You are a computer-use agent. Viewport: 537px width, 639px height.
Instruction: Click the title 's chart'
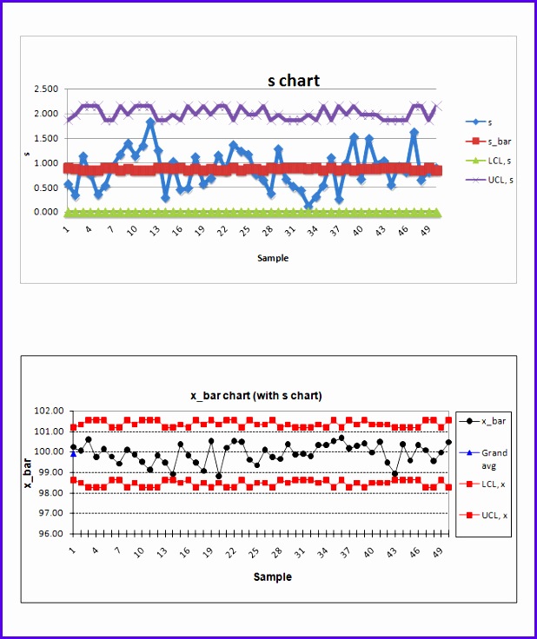(x=293, y=81)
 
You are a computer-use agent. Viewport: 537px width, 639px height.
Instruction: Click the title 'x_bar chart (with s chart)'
(x=256, y=395)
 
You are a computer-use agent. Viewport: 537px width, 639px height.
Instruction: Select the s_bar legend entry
(x=499, y=141)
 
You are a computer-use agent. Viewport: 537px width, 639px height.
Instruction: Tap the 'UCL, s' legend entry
(x=499, y=179)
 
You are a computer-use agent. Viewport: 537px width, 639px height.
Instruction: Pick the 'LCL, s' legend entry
(x=499, y=160)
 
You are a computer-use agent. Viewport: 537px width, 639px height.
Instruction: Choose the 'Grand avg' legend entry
(x=494, y=458)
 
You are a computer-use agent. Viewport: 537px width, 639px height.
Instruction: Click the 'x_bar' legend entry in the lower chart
(x=493, y=421)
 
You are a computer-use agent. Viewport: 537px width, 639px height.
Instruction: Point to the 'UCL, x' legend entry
(x=494, y=515)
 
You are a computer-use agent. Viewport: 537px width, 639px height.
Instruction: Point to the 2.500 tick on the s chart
(x=45, y=89)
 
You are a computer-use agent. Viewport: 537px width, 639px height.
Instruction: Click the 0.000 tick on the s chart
(x=45, y=212)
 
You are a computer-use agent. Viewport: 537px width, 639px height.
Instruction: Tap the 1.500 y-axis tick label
(x=45, y=139)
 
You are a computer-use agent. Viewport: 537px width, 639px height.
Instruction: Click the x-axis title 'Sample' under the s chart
(x=272, y=258)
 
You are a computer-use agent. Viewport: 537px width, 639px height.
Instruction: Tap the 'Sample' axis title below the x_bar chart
(x=272, y=576)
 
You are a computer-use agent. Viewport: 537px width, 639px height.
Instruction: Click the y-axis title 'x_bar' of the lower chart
(x=28, y=471)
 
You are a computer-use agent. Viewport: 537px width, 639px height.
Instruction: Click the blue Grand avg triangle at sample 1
(x=73, y=453)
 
